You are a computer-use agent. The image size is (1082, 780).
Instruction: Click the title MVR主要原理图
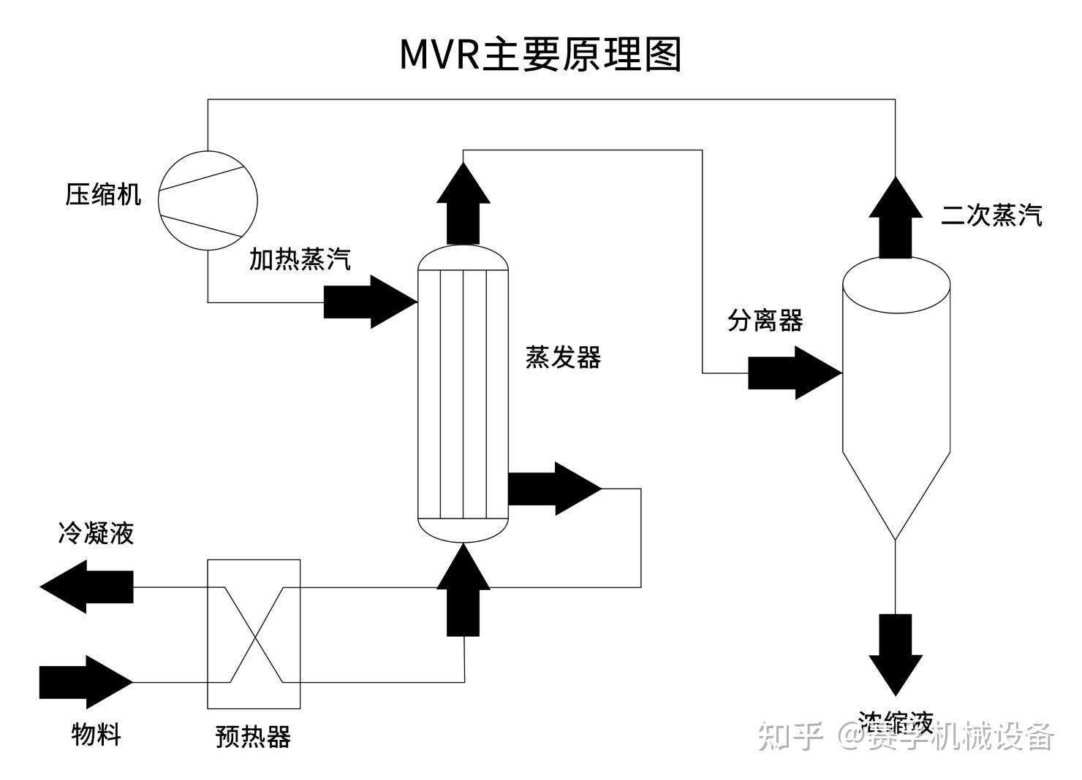pos(540,55)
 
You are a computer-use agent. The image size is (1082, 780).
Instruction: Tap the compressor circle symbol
pos(208,200)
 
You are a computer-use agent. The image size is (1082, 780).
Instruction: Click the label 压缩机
pos(103,195)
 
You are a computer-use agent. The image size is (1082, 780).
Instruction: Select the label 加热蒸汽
pos(300,259)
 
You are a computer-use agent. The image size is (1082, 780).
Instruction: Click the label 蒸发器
pos(563,358)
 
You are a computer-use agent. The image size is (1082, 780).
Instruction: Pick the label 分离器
pos(765,320)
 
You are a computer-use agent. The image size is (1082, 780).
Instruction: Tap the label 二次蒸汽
pos(991,215)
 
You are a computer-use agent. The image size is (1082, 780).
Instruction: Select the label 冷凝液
pos(96,533)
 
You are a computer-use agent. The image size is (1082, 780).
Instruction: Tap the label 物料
pos(96,734)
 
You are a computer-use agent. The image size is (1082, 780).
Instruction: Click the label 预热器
pos(253,736)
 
